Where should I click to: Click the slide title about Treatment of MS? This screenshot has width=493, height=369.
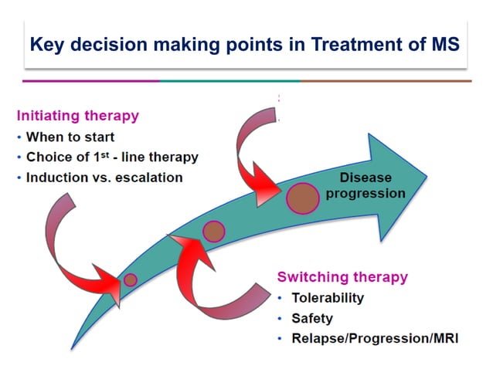[245, 43]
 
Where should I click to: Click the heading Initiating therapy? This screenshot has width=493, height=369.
[78, 117]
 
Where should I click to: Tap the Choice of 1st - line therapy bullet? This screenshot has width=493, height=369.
[112, 157]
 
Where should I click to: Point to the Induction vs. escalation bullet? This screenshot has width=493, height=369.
[104, 177]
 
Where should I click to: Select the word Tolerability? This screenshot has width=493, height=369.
[327, 297]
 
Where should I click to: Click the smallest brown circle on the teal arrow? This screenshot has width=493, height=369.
[131, 280]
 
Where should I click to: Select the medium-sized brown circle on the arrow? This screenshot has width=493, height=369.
[213, 231]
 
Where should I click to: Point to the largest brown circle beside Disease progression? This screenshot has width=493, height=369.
[303, 198]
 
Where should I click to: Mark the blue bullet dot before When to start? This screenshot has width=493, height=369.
[19, 138]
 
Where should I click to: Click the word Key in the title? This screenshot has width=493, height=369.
[47, 43]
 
